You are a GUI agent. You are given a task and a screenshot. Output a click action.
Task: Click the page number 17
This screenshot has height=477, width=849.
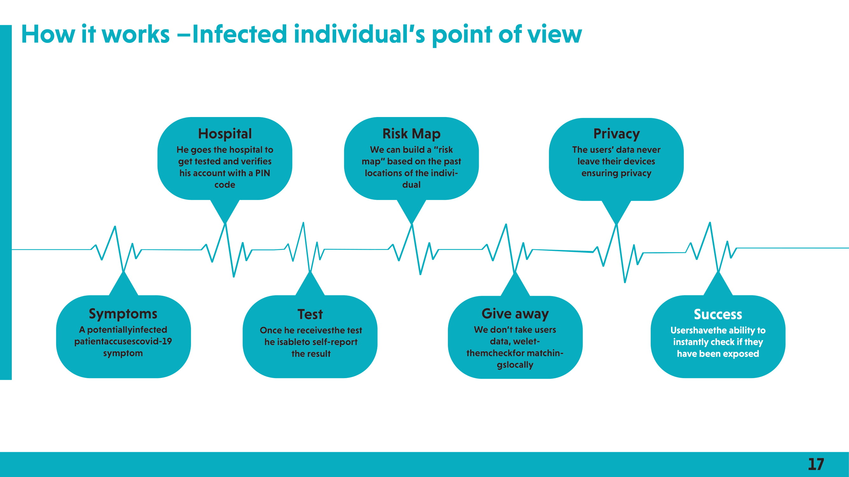[x=816, y=464]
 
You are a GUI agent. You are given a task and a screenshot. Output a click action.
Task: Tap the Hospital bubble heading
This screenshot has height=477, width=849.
[x=225, y=134]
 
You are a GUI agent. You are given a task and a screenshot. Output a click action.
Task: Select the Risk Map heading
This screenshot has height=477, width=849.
[x=411, y=134]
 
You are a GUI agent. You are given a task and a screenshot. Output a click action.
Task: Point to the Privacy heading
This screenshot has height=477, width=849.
[x=616, y=134]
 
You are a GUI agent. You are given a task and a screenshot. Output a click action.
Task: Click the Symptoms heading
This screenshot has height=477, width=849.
[x=123, y=314]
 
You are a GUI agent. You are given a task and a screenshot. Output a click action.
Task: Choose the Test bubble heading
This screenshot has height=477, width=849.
[x=310, y=315]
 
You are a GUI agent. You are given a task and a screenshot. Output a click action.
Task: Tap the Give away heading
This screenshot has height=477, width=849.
[x=515, y=314]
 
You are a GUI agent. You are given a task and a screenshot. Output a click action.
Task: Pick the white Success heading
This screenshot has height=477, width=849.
[x=718, y=315]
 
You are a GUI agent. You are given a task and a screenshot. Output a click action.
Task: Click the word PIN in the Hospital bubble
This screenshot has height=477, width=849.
[x=262, y=173]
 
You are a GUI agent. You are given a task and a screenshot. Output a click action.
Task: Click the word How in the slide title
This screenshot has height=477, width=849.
[x=48, y=34]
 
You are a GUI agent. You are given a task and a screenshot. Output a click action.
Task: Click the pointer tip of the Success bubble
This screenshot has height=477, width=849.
[x=718, y=272]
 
